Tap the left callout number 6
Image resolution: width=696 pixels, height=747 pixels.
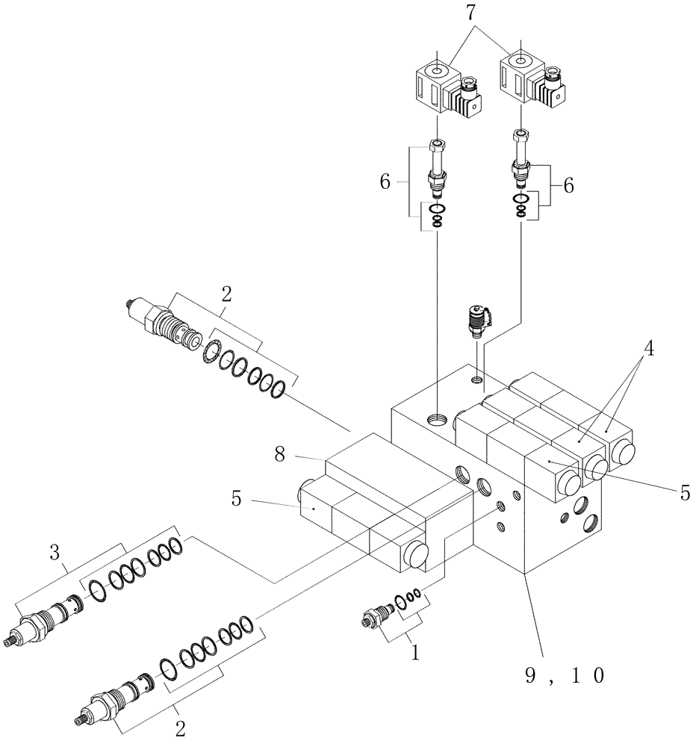385,182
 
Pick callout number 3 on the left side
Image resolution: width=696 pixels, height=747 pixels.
54,554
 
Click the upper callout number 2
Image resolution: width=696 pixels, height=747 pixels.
226,294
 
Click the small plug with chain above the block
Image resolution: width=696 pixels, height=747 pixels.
476,320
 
